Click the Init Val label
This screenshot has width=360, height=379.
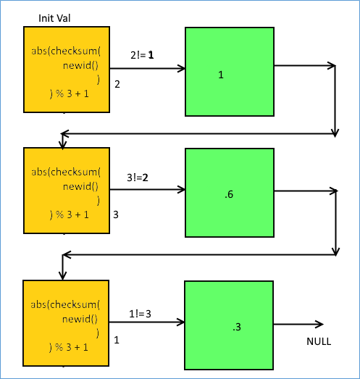coord(54,18)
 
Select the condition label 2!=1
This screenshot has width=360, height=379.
coord(142,55)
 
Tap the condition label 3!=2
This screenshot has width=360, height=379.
coord(138,178)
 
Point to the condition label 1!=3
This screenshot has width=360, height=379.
coord(140,314)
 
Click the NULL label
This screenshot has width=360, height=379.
coord(319,341)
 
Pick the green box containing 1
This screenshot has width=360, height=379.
coord(230,72)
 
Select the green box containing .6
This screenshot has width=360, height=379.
coord(230,193)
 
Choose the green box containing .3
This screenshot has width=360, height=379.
coord(229,325)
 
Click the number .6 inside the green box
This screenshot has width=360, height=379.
coord(229,194)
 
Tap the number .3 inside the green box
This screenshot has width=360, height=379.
coord(237,327)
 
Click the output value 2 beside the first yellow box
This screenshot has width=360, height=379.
coord(117,84)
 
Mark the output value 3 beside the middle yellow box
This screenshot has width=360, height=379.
coord(116,215)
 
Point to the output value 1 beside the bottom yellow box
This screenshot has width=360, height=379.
coord(117,340)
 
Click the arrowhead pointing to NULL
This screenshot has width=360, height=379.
coord(319,324)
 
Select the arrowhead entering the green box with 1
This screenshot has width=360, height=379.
coord(181,68)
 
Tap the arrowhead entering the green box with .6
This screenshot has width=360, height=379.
coord(181,190)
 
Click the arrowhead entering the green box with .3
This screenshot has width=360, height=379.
coord(180,322)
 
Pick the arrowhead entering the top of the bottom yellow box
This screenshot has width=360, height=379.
coord(63,276)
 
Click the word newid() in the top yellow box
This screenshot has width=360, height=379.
coord(80,65)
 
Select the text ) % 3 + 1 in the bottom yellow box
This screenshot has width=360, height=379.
coord(69,347)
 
